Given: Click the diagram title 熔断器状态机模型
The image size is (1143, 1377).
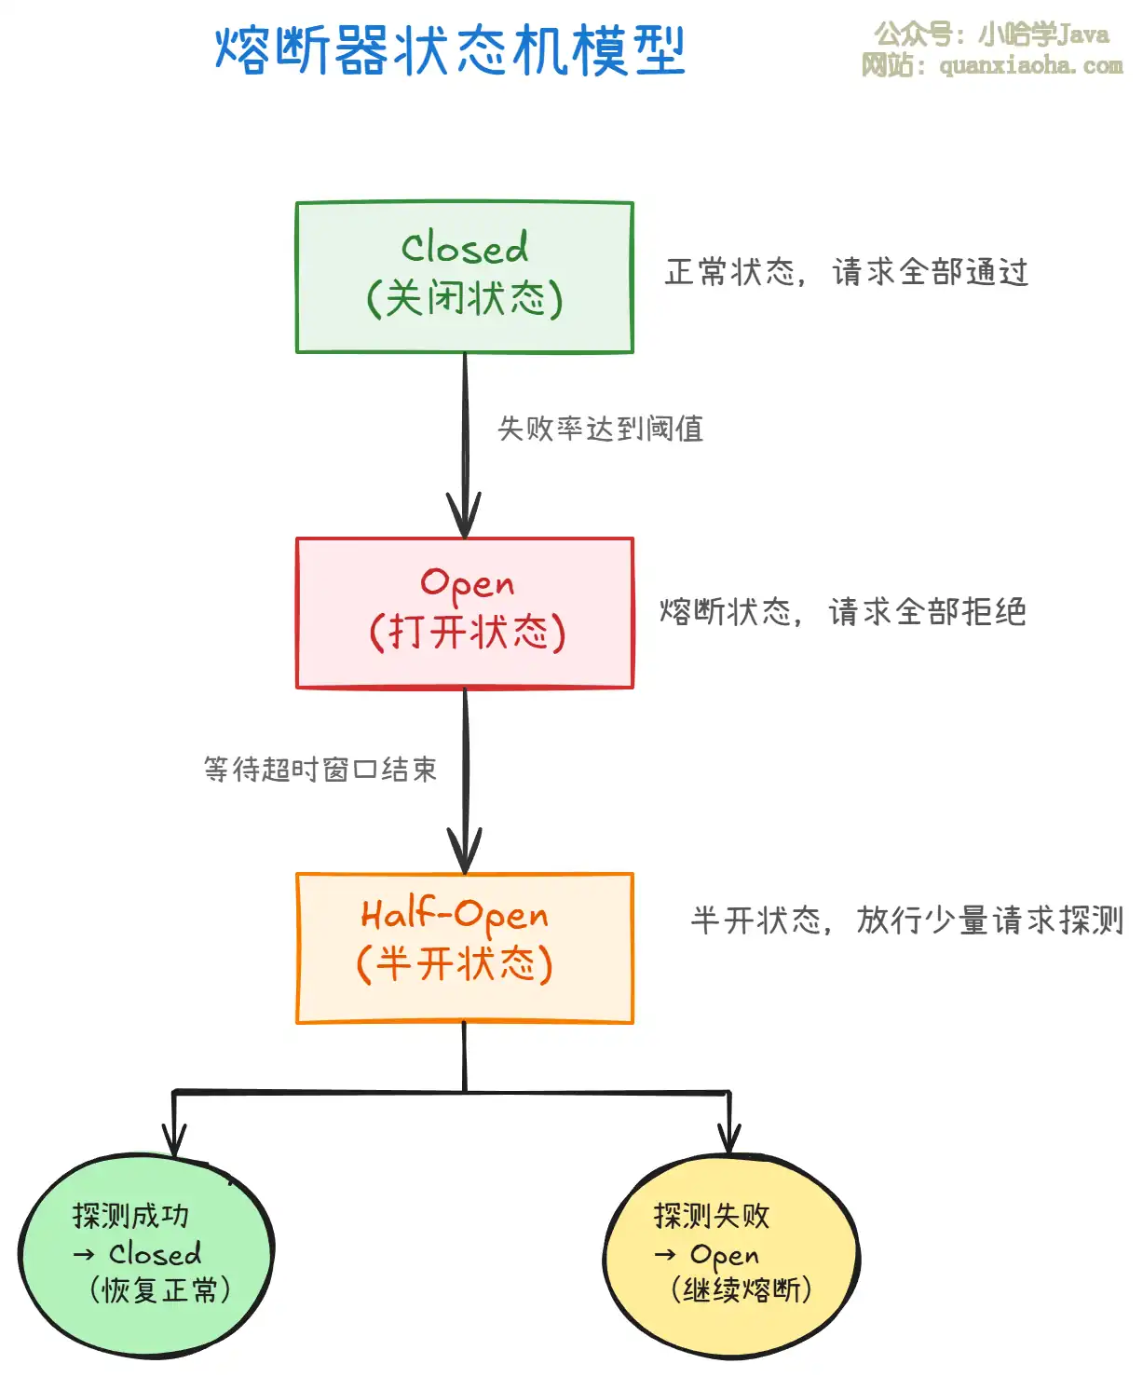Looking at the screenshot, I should pyautogui.click(x=450, y=50).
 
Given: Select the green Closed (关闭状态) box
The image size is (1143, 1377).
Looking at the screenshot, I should pyautogui.click(x=465, y=277).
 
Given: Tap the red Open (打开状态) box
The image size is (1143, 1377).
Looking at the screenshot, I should pyautogui.click(x=465, y=613).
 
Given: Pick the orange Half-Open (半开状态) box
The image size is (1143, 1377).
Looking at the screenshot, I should pyautogui.click(x=465, y=948).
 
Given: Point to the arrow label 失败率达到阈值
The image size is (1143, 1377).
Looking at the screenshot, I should pyautogui.click(x=601, y=429).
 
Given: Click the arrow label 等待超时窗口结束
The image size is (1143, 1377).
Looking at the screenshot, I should pyautogui.click(x=320, y=770).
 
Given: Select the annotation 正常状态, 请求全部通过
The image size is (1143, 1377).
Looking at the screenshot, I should pyautogui.click(x=846, y=272).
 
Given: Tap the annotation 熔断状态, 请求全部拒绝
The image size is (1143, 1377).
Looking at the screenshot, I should pyautogui.click(x=842, y=612).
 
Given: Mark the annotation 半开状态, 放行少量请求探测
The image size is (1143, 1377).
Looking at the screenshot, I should pyautogui.click(x=906, y=920).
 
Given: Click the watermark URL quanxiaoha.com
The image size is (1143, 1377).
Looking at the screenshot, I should pyautogui.click(x=1030, y=65).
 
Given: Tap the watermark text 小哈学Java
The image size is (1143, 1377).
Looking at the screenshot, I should pyautogui.click(x=1043, y=35).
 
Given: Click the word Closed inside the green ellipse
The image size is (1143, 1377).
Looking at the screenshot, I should pyautogui.click(x=155, y=1254).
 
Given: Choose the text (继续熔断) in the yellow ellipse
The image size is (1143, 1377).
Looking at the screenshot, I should pyautogui.click(x=742, y=1290).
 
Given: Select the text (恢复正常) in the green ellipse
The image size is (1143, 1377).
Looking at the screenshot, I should pyautogui.click(x=160, y=1290).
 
